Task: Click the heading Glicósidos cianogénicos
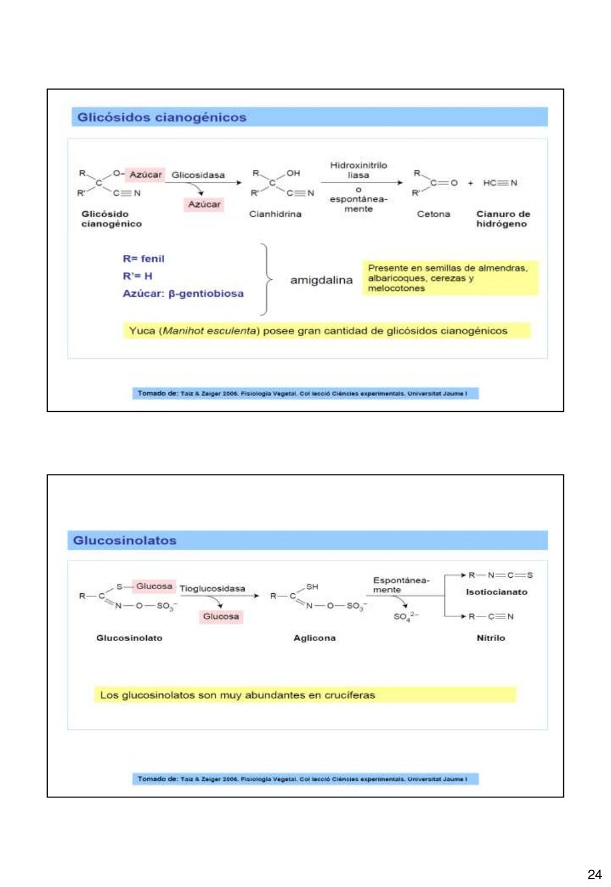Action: pos(162,118)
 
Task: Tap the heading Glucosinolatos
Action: pos(125,541)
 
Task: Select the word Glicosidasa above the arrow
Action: pos(198,175)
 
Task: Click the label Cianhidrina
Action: pos(275,214)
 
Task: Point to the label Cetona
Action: pos(433,214)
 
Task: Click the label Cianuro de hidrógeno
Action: pos(502,219)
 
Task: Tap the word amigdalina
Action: pos(321,280)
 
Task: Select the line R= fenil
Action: pos(143,259)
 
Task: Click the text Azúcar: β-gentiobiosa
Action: pos(183,294)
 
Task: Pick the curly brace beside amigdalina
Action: pos(266,279)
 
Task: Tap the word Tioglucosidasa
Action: pos(212,589)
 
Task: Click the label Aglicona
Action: pos(314,638)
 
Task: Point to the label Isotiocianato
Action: pos(496,592)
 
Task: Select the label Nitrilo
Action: pos(490,638)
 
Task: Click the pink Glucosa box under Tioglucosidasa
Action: pos(221,617)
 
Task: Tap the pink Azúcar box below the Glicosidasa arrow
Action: pos(204,205)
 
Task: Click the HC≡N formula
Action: pos(500,183)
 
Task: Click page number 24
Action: pos(594,874)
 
